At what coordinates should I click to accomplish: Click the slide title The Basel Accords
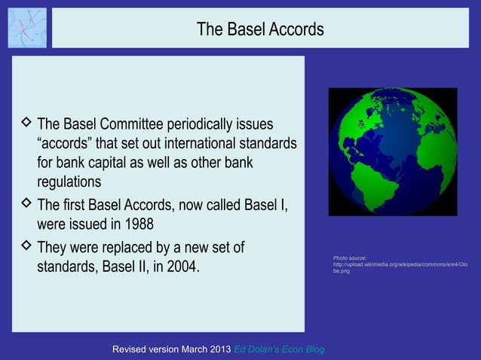(260, 29)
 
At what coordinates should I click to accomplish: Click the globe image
(393, 151)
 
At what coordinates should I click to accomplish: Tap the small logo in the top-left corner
(26, 27)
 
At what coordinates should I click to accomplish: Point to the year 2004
(183, 266)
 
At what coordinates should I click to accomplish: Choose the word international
(204, 144)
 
